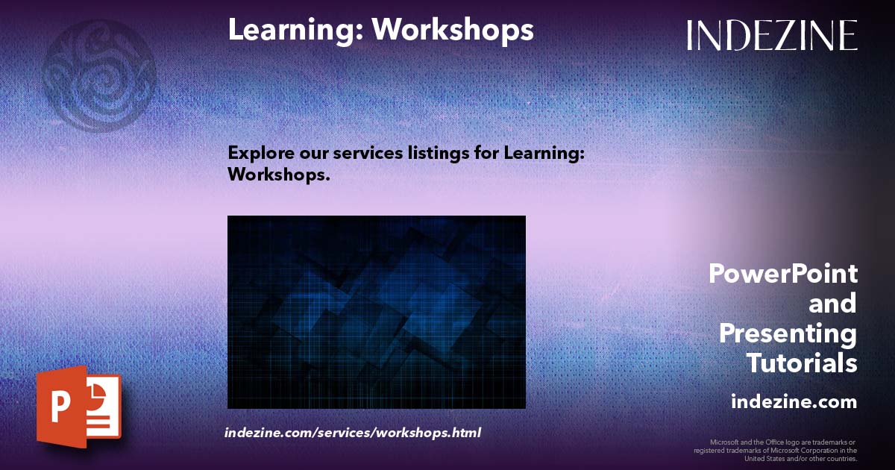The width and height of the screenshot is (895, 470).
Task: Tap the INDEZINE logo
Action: click(772, 35)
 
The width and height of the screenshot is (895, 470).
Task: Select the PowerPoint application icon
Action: click(79, 407)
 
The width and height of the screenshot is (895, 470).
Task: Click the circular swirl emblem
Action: click(98, 75)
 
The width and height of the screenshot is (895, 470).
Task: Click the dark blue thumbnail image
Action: click(376, 312)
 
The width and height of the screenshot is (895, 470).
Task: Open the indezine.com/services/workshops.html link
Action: click(353, 432)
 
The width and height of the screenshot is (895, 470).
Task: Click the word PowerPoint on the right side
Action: click(782, 274)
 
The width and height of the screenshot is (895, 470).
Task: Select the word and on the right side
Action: click(832, 304)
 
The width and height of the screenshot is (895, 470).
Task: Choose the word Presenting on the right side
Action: click(788, 333)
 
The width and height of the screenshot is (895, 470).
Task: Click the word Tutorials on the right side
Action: click(802, 363)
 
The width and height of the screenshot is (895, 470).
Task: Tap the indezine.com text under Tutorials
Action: click(794, 401)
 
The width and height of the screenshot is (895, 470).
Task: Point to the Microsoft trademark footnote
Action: click(776, 450)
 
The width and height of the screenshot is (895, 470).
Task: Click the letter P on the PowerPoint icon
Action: click(60, 407)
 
